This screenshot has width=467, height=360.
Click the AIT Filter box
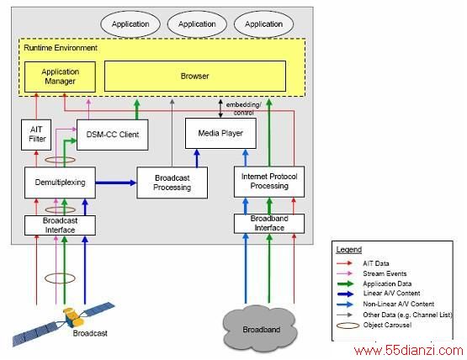(36, 135)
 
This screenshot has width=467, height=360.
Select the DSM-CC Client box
(112, 135)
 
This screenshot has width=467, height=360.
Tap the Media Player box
(220, 133)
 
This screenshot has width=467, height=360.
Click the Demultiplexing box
(60, 183)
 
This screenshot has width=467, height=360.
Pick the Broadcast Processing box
(172, 183)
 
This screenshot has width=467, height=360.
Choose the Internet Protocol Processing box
(269, 182)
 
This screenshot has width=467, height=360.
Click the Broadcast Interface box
(60, 225)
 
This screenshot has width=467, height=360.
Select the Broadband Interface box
(269, 224)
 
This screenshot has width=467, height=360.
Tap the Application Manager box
(60, 77)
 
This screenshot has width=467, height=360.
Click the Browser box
(195, 76)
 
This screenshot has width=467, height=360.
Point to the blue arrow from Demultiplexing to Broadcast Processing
(116, 183)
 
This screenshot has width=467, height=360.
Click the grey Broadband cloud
(260, 329)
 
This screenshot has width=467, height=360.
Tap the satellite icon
(63, 323)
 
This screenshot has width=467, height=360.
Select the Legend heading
(348, 250)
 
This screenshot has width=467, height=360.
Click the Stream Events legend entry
(385, 273)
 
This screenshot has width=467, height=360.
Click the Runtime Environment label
(61, 48)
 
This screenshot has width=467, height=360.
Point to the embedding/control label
(243, 109)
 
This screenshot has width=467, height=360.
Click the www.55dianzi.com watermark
(409, 351)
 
